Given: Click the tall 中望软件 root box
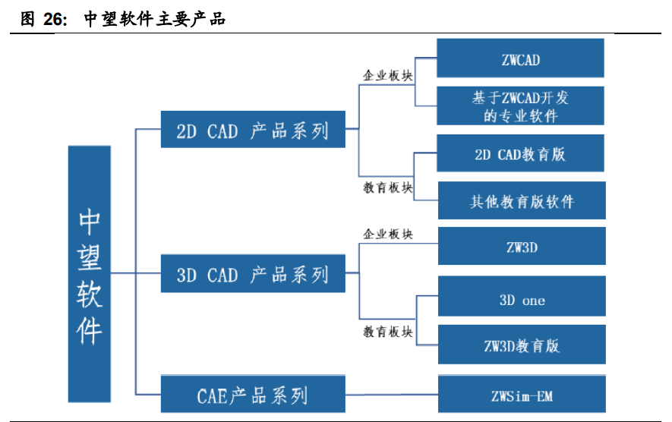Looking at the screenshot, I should [90, 274].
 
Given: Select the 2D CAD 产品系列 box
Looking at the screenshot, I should [253, 130].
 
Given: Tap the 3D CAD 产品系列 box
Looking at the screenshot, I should [253, 274].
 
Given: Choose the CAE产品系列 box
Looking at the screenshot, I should [253, 395].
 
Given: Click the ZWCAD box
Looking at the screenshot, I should [521, 58].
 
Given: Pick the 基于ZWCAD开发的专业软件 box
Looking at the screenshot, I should [521, 106].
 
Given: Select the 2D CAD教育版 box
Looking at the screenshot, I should [521, 154].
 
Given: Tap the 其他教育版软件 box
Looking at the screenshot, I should [521, 202].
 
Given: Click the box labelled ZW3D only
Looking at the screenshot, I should [521, 247].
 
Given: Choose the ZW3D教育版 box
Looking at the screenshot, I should [521, 345].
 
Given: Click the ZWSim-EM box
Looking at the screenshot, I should [521, 395].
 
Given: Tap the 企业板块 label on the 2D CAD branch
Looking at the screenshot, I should [388, 75].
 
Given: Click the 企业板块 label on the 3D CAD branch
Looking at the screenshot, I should [388, 234].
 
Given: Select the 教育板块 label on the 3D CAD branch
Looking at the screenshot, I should [388, 332].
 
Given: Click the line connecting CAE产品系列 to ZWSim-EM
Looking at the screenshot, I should [391, 395].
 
